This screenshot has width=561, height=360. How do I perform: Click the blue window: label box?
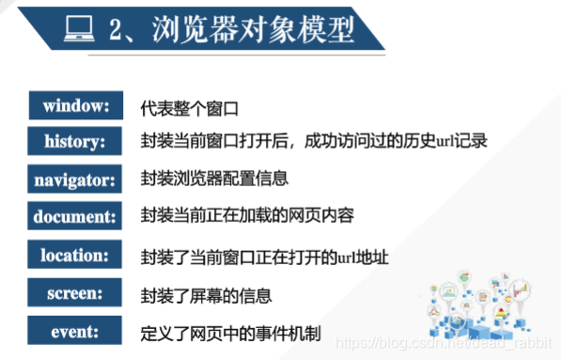pyautogui.click(x=76, y=105)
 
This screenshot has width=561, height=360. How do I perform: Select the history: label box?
pyautogui.click(x=76, y=141)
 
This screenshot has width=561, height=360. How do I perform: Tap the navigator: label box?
pyautogui.click(x=76, y=178)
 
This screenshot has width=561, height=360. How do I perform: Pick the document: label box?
pyautogui.click(x=76, y=215)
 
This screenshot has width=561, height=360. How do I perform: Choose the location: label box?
pyautogui.click(x=76, y=254)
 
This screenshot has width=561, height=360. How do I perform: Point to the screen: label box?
pyautogui.click(x=76, y=292)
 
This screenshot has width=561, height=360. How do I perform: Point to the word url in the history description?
pyautogui.click(x=448, y=142)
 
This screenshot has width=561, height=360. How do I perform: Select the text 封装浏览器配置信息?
pyautogui.click(x=214, y=179)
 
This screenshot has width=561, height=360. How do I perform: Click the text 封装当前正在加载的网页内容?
pyautogui.click(x=246, y=216)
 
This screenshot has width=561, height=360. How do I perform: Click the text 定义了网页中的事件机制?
pyautogui.click(x=230, y=331)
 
